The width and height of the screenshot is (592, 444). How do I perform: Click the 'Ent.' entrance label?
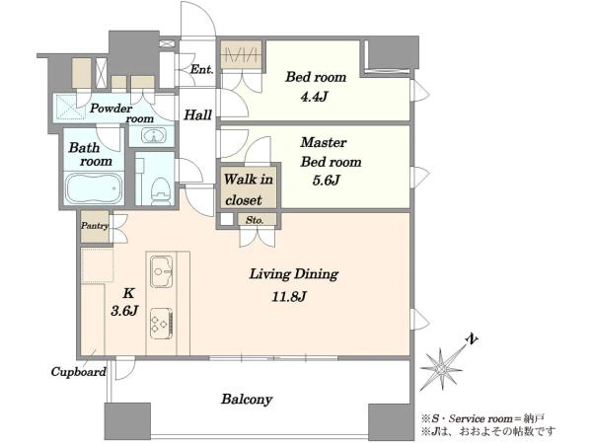202,69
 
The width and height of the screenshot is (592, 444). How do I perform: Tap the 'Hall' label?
198,114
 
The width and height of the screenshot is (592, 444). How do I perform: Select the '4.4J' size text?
314,97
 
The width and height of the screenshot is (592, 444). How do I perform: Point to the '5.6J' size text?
327,181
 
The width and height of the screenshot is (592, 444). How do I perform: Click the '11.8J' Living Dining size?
289,296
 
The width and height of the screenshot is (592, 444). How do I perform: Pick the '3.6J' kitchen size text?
125,311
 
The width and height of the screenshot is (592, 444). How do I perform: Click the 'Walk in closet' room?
249,189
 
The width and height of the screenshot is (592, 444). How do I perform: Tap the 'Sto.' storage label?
255,220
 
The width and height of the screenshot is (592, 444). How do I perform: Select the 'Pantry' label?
95,226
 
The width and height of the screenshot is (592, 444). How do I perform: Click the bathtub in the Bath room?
94,188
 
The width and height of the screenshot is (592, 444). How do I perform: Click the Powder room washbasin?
153,135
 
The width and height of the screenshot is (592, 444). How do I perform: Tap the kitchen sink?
162,271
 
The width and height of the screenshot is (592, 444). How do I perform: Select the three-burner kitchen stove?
162,324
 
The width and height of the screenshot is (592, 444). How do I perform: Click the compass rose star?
441,368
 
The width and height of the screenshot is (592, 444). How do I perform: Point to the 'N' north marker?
472,339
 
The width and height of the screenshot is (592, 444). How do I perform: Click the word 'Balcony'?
247,399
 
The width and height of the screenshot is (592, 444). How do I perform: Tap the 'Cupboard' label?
79,372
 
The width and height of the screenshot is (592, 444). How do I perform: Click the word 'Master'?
324,142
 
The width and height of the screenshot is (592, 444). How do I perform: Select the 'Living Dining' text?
294,274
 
